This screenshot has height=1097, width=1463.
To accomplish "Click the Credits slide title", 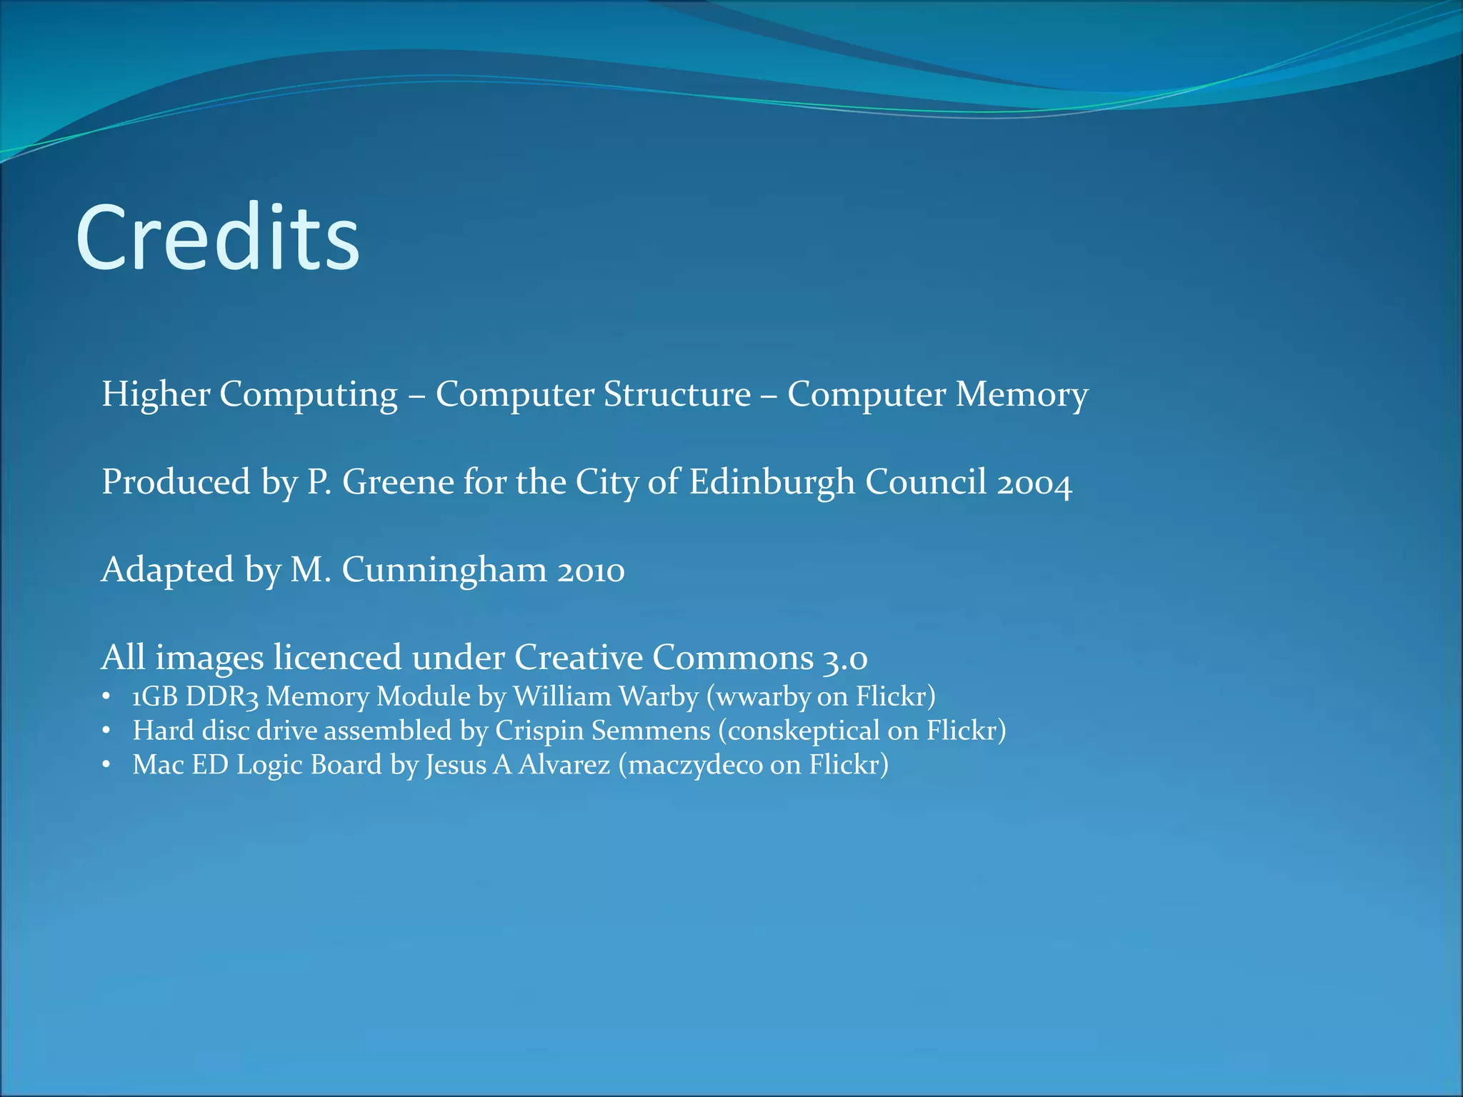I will coord(218,238).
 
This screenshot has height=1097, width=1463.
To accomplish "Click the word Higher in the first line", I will coord(156,394).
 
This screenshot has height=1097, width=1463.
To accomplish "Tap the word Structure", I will coord(676,394).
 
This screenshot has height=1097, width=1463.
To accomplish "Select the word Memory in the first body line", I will coord(1022,394).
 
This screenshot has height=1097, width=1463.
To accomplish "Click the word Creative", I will coord(579,657).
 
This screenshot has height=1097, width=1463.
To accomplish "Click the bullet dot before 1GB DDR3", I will coord(106,696).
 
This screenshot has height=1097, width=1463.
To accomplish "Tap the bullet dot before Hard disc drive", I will coord(106,731).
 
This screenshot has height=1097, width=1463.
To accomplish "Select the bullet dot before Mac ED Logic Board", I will coord(106,765).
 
